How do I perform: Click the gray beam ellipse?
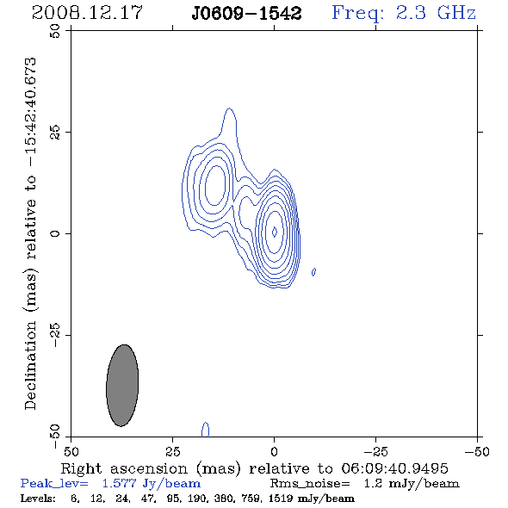point(122,386)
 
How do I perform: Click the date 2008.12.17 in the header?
point(87,13)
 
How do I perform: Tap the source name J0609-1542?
point(246,14)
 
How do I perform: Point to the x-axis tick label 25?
point(172,452)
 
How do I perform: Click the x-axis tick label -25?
point(375,452)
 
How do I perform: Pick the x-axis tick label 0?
point(274,452)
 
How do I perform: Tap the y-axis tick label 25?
point(55,133)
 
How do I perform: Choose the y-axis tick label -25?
point(55,335)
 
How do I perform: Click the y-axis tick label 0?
point(55,233)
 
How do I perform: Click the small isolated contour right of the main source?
point(313,272)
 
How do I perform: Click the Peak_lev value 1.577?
point(119,483)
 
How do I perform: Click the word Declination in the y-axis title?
point(30,365)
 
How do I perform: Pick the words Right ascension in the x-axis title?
point(124,468)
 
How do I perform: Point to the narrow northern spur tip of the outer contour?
point(229,108)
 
